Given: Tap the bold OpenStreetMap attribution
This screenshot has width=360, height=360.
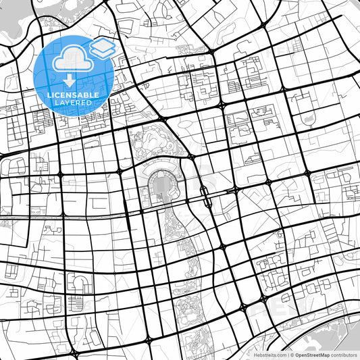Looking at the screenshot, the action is (312, 354).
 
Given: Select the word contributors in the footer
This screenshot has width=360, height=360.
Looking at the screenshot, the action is (344, 354).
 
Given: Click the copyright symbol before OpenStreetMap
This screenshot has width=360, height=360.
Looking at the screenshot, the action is (292, 354).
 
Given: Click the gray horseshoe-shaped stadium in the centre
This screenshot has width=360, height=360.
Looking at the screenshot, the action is (160, 185).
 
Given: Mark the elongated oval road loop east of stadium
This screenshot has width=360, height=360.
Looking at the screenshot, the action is (203, 195).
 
